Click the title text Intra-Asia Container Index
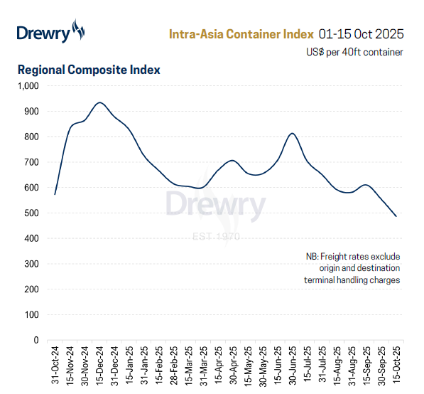(x=241, y=33)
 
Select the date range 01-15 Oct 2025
(x=362, y=33)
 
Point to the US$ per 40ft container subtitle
(x=354, y=52)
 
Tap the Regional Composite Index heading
(x=89, y=70)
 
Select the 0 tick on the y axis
(x=36, y=340)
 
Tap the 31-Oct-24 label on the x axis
(x=55, y=366)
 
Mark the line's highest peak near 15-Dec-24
(x=100, y=103)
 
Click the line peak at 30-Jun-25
(x=292, y=134)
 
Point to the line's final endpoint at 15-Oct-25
(x=396, y=216)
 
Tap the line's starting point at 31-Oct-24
(x=55, y=194)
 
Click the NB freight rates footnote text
(x=352, y=268)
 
